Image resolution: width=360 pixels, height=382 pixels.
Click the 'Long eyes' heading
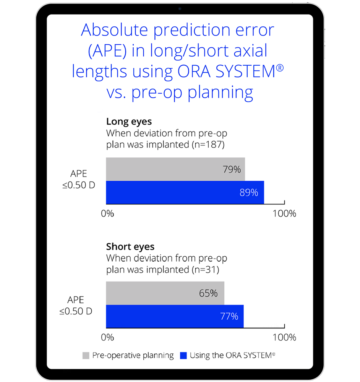[129, 122]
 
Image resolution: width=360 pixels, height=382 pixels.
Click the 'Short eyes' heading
[130, 246]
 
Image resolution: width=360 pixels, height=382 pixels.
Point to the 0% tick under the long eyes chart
[108, 214]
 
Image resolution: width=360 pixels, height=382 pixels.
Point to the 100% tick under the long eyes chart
[284, 214]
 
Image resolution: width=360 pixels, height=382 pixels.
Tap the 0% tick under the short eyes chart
[108, 338]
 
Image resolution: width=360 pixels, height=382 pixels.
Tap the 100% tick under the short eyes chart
[284, 338]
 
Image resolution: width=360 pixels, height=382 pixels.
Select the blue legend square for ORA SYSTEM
[183, 356]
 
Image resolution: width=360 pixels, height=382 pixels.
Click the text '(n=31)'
[205, 270]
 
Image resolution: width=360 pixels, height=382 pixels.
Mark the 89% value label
[249, 193]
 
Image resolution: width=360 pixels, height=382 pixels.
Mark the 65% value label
[208, 293]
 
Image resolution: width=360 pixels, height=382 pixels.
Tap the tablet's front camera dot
[180, 8]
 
